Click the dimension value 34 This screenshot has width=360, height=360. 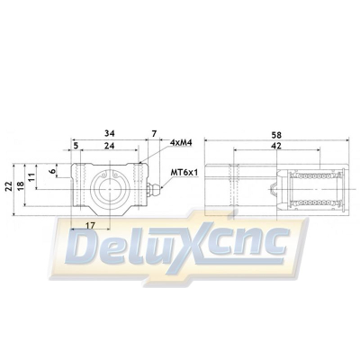click(110, 130)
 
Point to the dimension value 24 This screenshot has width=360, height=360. click(108, 144)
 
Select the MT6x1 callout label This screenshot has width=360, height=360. click(185, 172)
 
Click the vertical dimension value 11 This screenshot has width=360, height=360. click(34, 181)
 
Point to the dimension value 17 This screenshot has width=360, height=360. click(89, 225)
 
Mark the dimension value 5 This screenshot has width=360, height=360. click(76, 144)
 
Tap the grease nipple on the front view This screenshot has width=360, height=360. click(155, 189)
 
